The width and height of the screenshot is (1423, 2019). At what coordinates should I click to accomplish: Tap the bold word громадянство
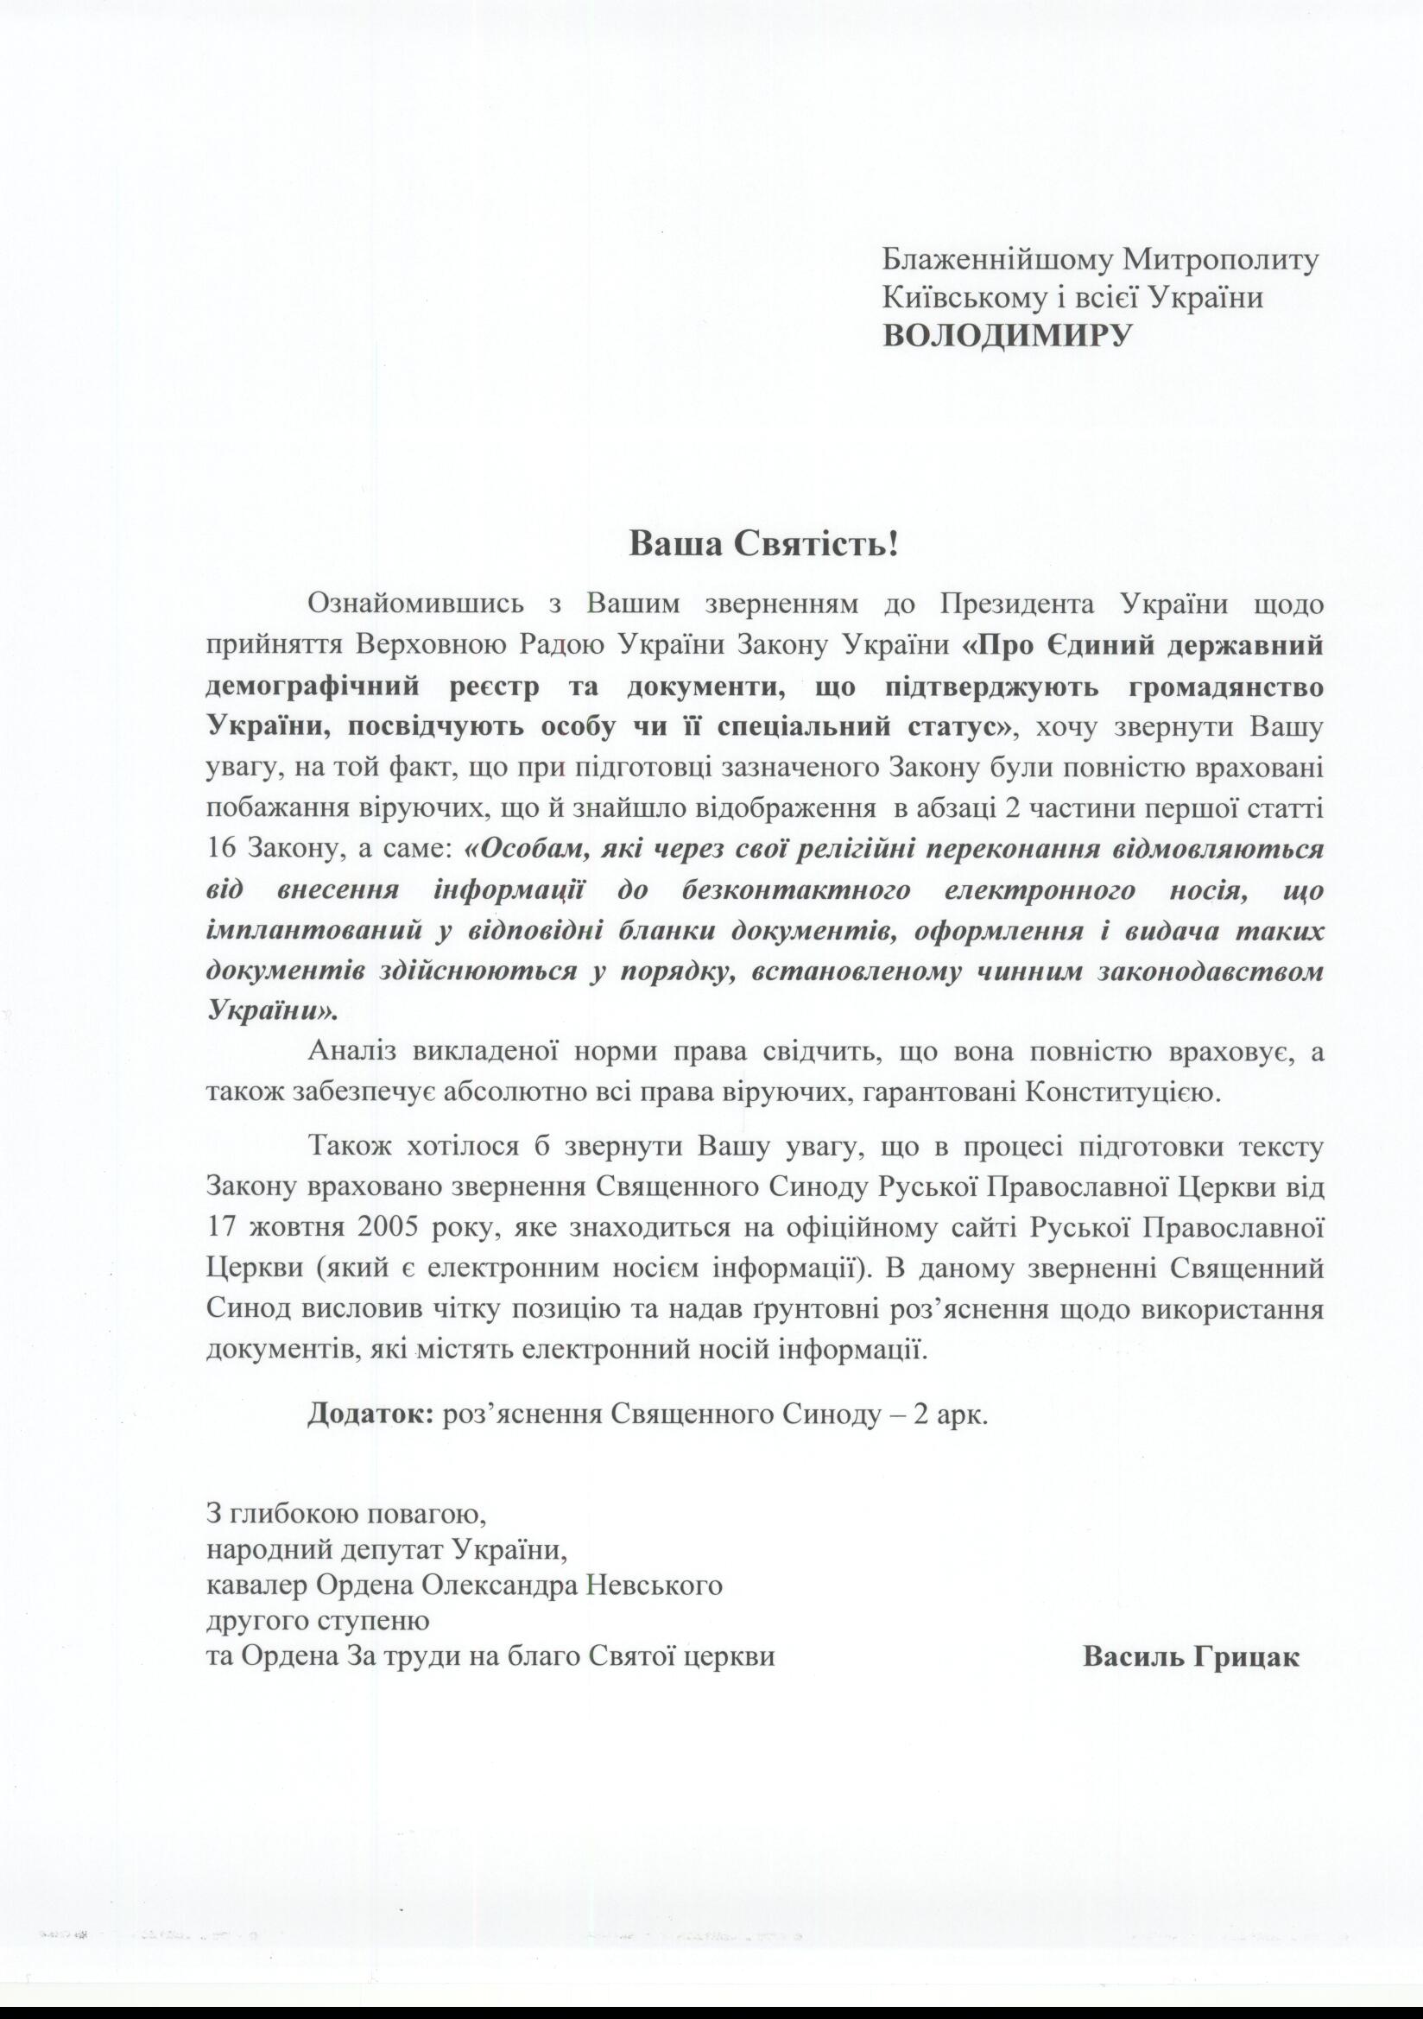pyautogui.click(x=1225, y=687)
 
